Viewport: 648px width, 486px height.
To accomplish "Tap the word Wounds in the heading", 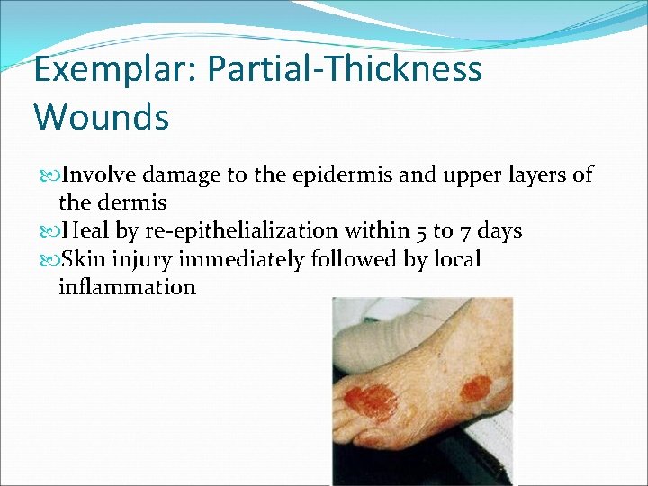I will pos(101,117).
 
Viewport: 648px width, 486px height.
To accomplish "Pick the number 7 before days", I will pos(463,231).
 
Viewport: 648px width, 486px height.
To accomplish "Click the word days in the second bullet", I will pos(500,231).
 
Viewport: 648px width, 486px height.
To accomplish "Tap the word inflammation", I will pos(127,288).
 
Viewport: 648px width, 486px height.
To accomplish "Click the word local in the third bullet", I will pos(456,260).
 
